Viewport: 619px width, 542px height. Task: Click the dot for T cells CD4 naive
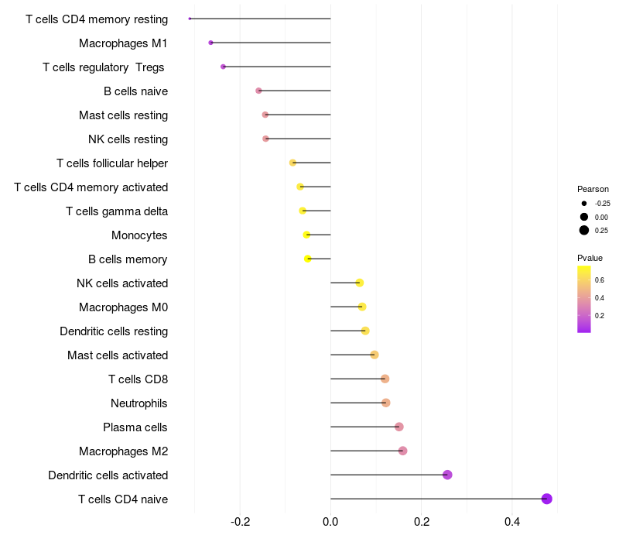[x=546, y=499]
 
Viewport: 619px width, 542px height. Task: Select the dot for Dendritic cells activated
[x=447, y=475]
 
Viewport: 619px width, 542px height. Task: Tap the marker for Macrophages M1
[x=210, y=43]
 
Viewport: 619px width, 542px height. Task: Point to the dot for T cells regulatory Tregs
[x=223, y=67]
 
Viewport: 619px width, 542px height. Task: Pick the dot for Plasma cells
[x=399, y=427]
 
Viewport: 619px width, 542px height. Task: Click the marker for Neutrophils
[x=385, y=403]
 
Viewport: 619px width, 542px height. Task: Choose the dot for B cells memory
[x=307, y=259]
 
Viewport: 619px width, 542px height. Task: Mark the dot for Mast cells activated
[x=374, y=355]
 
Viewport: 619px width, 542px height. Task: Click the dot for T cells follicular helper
[x=292, y=163]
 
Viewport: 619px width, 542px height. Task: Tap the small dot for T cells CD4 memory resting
[x=190, y=19]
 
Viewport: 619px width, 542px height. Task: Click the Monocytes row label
[x=139, y=235]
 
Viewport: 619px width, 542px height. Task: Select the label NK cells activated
[x=122, y=283]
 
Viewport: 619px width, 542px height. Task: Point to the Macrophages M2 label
[x=124, y=451]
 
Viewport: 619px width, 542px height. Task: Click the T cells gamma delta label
[x=117, y=211]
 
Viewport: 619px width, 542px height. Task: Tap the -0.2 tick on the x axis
[x=241, y=522]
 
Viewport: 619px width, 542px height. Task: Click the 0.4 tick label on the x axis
[x=512, y=522]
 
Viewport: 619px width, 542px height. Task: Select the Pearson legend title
[x=593, y=189]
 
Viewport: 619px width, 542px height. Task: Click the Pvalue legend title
[x=590, y=258]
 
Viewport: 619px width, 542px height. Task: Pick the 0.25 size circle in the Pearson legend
[x=584, y=230]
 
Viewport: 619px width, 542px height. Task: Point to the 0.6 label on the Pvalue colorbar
[x=599, y=280]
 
